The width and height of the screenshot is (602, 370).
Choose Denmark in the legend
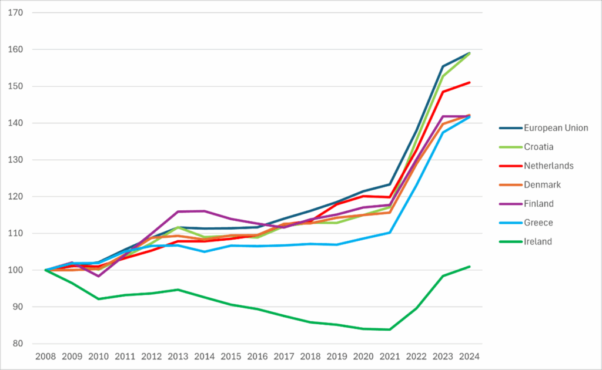[x=541, y=184]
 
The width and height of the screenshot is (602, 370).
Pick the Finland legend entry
[x=539, y=204]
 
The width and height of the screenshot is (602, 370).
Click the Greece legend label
[x=538, y=223]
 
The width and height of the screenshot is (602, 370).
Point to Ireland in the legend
[x=538, y=241]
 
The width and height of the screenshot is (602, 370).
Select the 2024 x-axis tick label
[x=469, y=357]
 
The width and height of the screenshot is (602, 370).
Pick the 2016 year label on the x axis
[x=257, y=357]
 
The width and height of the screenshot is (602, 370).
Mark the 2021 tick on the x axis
[x=389, y=357]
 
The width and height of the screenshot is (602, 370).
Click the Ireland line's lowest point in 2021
[x=389, y=329]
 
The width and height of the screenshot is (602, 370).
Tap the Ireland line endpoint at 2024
[x=469, y=267]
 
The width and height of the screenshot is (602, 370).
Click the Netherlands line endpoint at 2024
[x=469, y=82]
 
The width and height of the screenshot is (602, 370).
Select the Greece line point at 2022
[x=416, y=186]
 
